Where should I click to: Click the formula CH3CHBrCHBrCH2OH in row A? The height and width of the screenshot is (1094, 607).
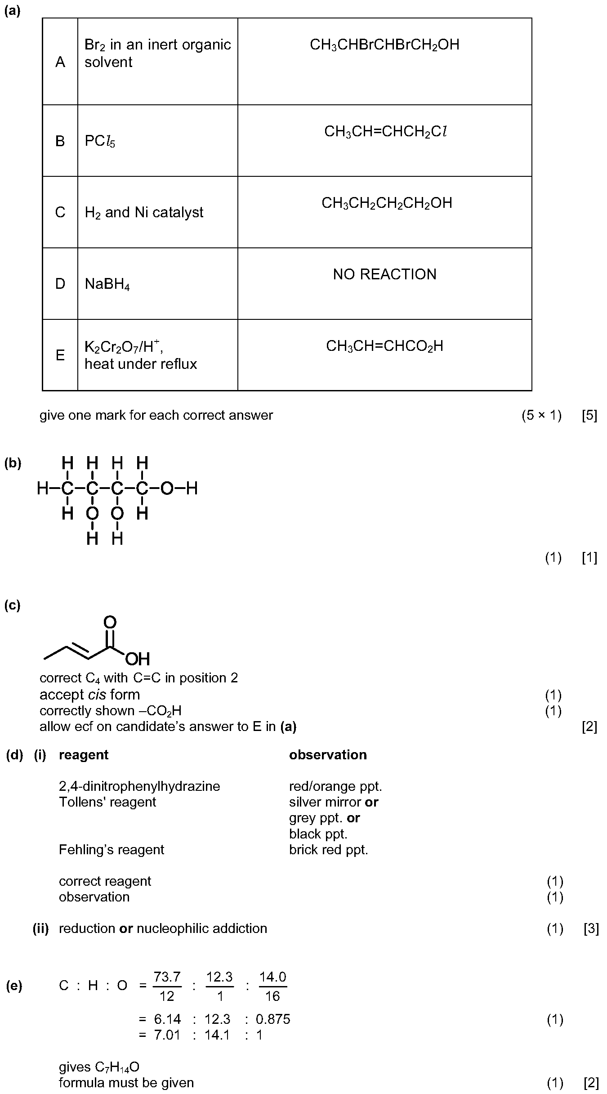pos(384,45)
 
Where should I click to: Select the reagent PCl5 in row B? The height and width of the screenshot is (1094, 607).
pos(100,141)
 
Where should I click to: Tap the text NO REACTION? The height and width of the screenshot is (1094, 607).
pos(384,274)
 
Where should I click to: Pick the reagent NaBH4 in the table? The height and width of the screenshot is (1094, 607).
pos(107,284)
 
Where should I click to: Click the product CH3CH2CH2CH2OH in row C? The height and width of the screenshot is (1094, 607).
pos(387,203)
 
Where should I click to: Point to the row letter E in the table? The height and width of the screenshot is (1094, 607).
pos(60,355)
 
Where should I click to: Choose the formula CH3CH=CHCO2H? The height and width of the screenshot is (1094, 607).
pos(384,346)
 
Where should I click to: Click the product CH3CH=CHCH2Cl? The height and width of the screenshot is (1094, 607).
pos(386,132)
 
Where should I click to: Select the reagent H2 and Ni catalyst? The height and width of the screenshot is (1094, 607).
pos(144,212)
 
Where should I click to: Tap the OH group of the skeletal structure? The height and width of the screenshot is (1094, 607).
pos(138,659)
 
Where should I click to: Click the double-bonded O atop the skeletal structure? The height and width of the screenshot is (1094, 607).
pos(110,622)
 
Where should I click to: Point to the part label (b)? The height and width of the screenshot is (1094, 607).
pos(13,463)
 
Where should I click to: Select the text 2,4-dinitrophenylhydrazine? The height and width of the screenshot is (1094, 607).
pos(139,786)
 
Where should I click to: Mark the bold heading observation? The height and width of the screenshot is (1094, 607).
pos(328,754)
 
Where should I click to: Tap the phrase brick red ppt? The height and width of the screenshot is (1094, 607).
pos(329,849)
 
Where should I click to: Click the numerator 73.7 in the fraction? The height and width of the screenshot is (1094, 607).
pos(167,977)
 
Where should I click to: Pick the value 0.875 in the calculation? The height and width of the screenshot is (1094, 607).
pos(273,1019)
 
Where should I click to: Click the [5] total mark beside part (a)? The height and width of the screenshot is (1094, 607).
pos(589,415)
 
